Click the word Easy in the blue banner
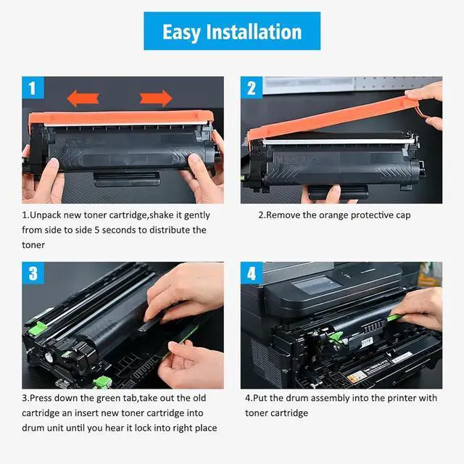[181, 33]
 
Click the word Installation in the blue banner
[254, 32]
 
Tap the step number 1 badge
[33, 88]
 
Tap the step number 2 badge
[252, 88]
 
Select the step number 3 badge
[33, 273]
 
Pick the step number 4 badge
[252, 273]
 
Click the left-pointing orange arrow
[83, 99]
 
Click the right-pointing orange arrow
[156, 99]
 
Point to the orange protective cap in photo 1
[121, 117]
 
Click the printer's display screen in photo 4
[317, 285]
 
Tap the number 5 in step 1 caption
[96, 230]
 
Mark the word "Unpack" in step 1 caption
[46, 215]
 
